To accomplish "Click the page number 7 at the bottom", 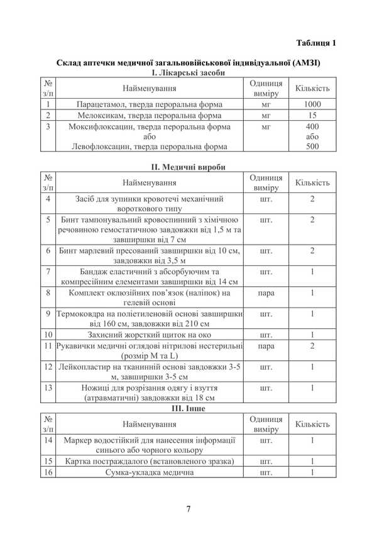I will pyautogui.click(x=188, y=509).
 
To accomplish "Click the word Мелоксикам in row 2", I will pyautogui.click(x=101, y=116).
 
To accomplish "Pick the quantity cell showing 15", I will pyautogui.click(x=312, y=116).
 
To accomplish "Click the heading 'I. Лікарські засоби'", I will pyautogui.click(x=188, y=73).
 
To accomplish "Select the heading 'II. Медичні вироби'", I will pyautogui.click(x=188, y=167).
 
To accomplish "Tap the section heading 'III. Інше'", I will pyautogui.click(x=188, y=408).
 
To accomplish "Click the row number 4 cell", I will pyautogui.click(x=48, y=199).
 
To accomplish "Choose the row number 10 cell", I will pyautogui.click(x=48, y=335).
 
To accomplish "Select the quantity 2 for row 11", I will pyautogui.click(x=312, y=346).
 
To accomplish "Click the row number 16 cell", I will pyautogui.click(x=48, y=472).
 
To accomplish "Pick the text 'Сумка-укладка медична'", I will pyautogui.click(x=149, y=472).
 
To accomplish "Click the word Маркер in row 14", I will pyautogui.click(x=79, y=440).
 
